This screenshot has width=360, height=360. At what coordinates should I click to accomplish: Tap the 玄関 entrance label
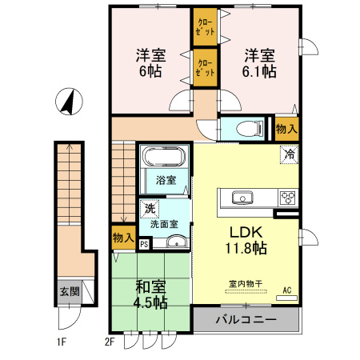coord(69,292)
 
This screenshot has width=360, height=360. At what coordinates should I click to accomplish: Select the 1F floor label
coord(62,345)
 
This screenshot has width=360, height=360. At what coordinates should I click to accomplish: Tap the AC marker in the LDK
coord(287,292)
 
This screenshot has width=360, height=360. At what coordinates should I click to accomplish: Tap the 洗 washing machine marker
coord(150,209)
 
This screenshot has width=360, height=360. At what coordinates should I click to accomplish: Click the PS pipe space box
coord(144,245)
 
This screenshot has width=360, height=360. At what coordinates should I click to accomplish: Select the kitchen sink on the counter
coord(242,198)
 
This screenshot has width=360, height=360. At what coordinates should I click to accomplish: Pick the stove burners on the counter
coord(286,198)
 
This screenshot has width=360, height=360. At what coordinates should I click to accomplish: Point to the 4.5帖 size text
coord(150,302)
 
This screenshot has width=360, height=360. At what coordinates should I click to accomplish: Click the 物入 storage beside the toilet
coord(286,128)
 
